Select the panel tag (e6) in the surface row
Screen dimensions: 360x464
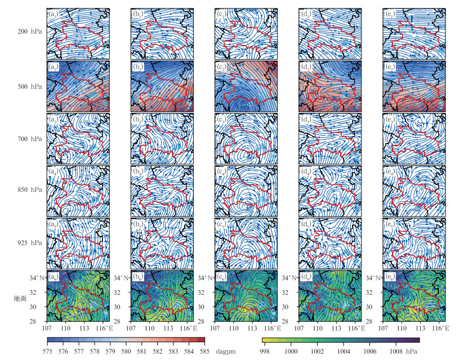[389, 276]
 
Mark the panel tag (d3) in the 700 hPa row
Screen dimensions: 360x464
[305, 119]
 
